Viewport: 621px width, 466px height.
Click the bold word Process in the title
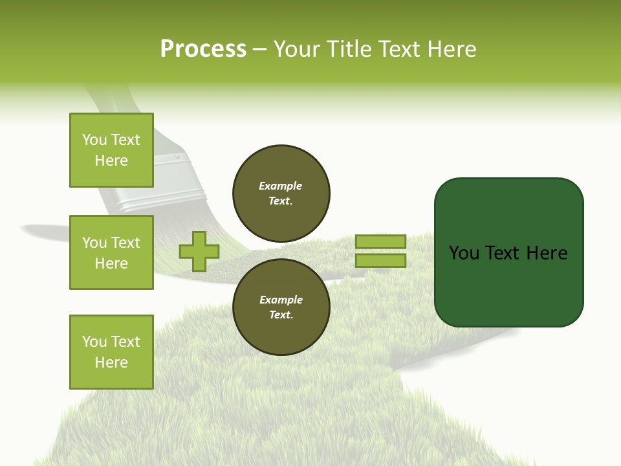[203, 49]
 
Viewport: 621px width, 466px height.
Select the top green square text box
[111, 150]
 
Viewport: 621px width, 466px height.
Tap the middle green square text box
[111, 252]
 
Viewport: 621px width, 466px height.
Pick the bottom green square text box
[111, 351]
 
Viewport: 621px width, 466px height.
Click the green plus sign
[199, 252]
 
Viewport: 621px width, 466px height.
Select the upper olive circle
[281, 194]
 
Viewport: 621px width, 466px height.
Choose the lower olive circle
[281, 307]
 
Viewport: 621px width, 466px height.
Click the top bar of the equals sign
[380, 242]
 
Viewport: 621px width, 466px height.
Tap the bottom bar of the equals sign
[380, 261]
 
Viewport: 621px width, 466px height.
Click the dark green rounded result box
[508, 252]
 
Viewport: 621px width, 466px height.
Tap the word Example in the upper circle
[281, 186]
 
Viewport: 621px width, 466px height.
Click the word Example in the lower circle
[281, 300]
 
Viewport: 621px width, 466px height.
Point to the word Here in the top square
[111, 161]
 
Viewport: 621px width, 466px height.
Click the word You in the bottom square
[94, 342]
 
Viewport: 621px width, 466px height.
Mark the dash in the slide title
[260, 49]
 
